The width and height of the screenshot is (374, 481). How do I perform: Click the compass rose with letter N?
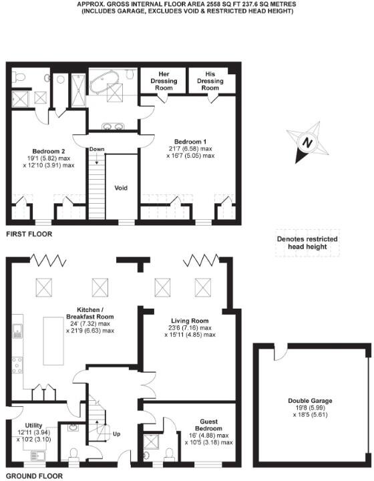coord(305,143)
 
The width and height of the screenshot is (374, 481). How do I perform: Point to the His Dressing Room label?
coord(210,80)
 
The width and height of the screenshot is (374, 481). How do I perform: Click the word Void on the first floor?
coord(122,188)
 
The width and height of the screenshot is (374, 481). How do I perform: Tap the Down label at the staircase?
coord(97,149)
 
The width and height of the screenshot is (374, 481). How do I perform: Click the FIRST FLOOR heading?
coord(28,234)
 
